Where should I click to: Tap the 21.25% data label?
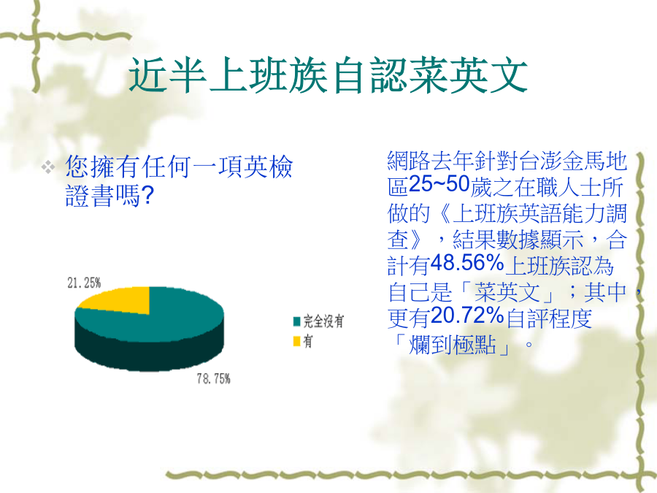coord(84,283)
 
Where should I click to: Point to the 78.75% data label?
coord(214,379)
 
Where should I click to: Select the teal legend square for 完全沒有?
coord(296,321)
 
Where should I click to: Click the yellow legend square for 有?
coord(296,342)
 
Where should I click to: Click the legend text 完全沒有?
coord(323,321)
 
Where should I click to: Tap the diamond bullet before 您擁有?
coord(48,167)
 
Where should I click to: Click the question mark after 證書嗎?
coord(147,196)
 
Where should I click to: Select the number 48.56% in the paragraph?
coord(467,264)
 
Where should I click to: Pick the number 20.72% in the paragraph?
coord(467,316)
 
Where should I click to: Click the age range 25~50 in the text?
coord(439,185)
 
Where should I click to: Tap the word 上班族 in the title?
coord(268,76)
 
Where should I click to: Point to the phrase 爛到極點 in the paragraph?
coord(453,345)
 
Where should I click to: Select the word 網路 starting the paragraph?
coord(409,161)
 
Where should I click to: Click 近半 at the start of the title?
coord(168,76)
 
